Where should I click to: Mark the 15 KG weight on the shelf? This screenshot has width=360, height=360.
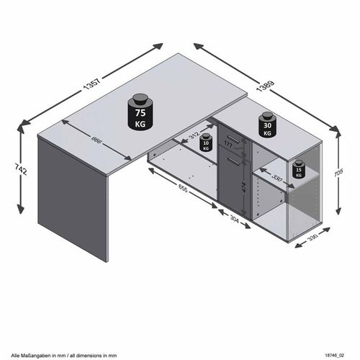tap(298, 171)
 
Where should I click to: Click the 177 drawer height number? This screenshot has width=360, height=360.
tap(228, 145)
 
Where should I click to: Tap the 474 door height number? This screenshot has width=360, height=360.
tap(243, 189)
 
